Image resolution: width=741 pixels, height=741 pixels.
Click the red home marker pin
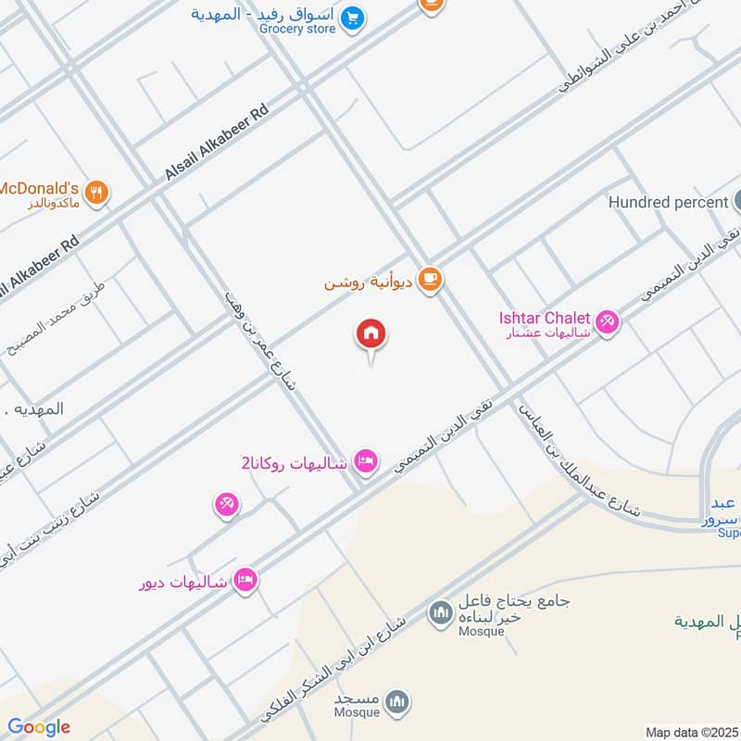pyautogui.click(x=371, y=334)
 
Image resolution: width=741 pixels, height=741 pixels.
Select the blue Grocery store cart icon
pyautogui.click(x=352, y=18)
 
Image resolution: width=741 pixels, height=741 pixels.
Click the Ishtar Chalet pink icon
pyautogui.click(x=607, y=321)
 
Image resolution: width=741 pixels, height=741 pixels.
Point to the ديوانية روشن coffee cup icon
pyautogui.click(x=429, y=279)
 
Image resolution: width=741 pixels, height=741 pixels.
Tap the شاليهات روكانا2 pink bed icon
pyautogui.click(x=366, y=460)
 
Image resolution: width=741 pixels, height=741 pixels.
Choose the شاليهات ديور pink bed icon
pyautogui.click(x=245, y=580)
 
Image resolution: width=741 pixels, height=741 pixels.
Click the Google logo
pyautogui.click(x=39, y=727)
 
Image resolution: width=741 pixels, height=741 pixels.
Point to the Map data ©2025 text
pyautogui.click(x=691, y=732)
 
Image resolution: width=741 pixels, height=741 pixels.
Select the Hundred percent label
pyautogui.click(x=667, y=201)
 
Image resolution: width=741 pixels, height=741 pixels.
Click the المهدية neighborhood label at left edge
pyautogui.click(x=31, y=408)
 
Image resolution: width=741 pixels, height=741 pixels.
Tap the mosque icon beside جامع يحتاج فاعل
pyautogui.click(x=440, y=611)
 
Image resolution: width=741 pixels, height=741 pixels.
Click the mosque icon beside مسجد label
pyautogui.click(x=397, y=700)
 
